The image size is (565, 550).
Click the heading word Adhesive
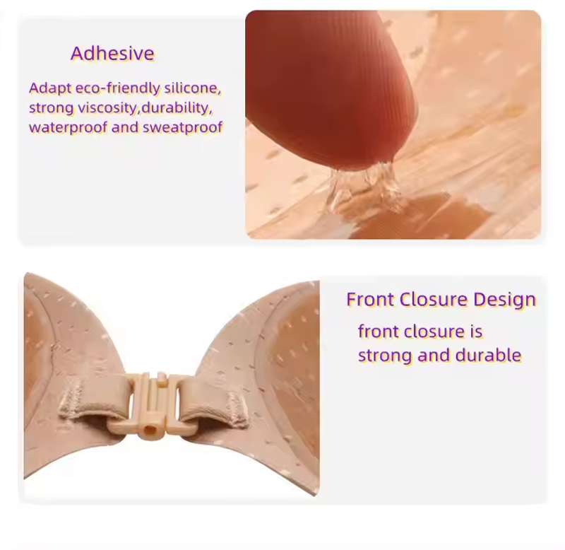pos(112,54)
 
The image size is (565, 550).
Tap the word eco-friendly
pos(117,88)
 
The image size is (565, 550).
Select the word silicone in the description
pos(192,88)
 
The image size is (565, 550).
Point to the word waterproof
pos(68,128)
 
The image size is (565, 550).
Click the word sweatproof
pos(182,128)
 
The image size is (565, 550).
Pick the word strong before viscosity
pos(51,108)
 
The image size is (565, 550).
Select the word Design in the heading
pos(504,300)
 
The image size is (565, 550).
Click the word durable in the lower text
pos(488,356)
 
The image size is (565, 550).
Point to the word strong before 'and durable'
pos(385,356)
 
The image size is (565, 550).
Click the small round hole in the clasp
pos(148,430)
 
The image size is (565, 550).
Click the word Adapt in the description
pos(50,88)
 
